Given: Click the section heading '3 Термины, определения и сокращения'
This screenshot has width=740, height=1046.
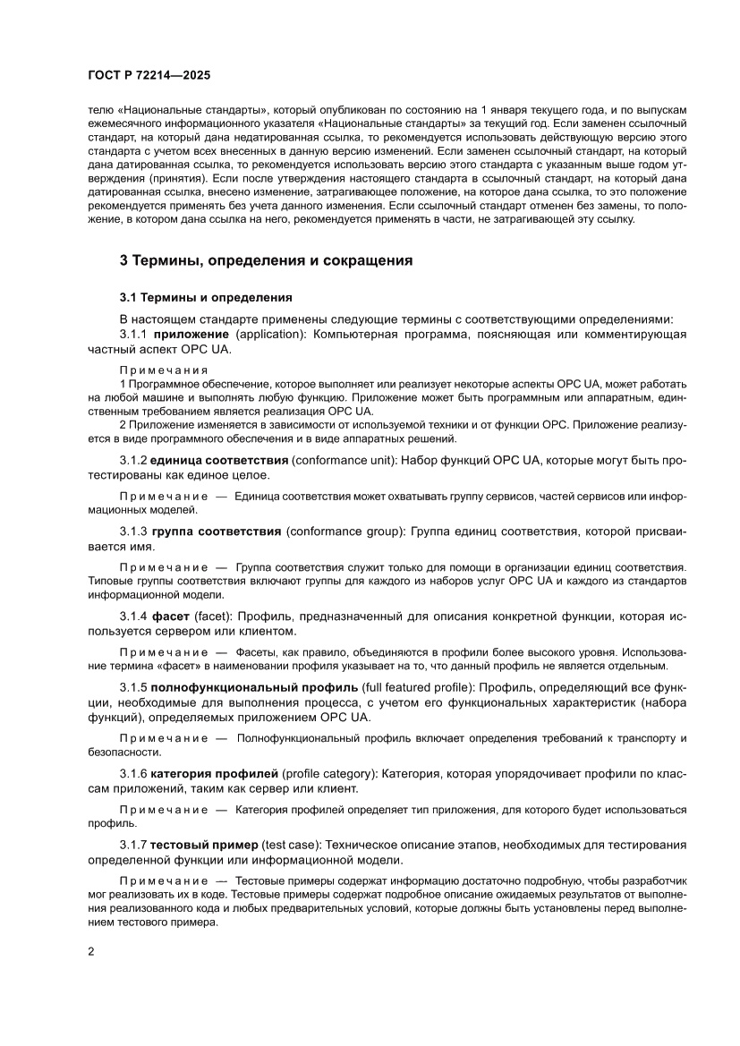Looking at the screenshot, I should pyautogui.click(x=267, y=261).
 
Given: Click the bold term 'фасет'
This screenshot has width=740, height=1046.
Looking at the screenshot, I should pyautogui.click(x=171, y=617).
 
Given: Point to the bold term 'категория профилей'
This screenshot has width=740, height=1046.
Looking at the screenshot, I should pyautogui.click(x=214, y=773).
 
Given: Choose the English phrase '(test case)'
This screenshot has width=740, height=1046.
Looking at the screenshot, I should pyautogui.click(x=293, y=845).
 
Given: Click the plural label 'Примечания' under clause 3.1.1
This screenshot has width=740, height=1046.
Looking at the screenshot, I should pyautogui.click(x=164, y=370).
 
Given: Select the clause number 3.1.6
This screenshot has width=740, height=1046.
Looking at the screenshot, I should pyautogui.click(x=133, y=773).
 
